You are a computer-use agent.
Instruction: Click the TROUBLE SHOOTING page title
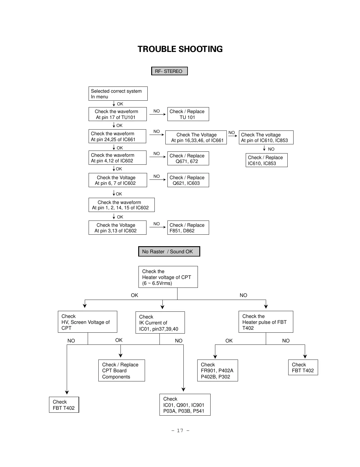coord(180,49)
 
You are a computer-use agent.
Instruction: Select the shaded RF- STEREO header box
coord(169,71)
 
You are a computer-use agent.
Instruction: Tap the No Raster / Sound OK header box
coord(169,252)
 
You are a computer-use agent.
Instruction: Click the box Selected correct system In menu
coord(118,94)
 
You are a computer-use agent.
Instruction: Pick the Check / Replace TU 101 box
coord(188,114)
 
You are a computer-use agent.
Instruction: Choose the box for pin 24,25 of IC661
coord(117,136)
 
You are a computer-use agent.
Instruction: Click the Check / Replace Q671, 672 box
coord(188,159)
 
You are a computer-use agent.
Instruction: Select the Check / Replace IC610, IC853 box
coord(266,160)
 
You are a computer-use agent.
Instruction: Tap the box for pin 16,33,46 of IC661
coord(196,138)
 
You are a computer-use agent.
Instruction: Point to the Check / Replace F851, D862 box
coord(188,228)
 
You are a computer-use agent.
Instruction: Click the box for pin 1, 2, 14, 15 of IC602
coord(121,205)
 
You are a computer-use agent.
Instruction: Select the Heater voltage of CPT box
coord(168,277)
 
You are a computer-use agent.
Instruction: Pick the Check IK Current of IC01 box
coord(160,323)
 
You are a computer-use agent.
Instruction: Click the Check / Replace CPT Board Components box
coord(121,370)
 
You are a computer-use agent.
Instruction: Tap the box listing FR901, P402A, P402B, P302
coord(217,370)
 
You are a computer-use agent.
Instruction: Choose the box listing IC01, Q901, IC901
coord(185,405)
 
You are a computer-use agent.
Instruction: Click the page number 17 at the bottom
coord(180,431)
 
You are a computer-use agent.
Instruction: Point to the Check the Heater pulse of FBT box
coord(265,322)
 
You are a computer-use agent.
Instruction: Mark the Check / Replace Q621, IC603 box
coord(188,180)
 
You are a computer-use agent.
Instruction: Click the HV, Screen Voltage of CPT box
coord(87,322)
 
